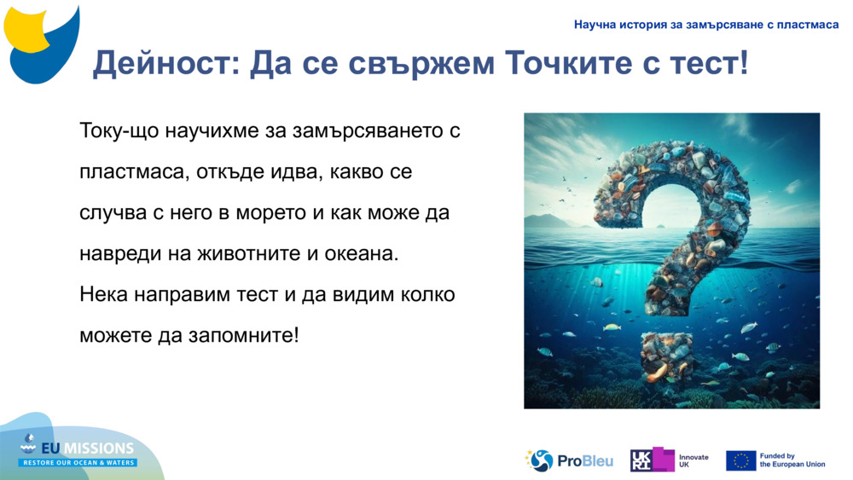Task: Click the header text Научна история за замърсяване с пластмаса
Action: pos(706,25)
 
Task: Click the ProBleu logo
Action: pos(569,460)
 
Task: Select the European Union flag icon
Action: pos(740,460)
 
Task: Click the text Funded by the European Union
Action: pos(792,460)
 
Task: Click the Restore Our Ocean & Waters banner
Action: pos(78,463)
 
